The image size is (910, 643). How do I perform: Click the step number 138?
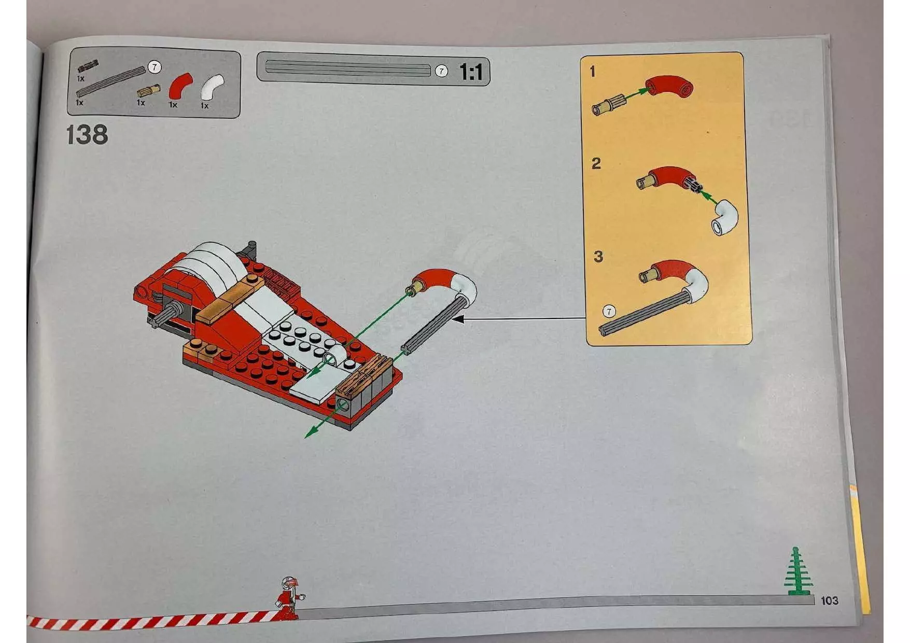tap(87, 135)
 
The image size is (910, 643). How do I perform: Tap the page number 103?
tap(829, 600)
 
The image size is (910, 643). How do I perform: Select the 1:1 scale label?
tap(471, 72)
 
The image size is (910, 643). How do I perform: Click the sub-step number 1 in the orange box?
tap(593, 72)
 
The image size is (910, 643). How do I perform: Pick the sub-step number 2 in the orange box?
tap(596, 164)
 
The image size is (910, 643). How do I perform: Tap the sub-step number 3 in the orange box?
tap(598, 256)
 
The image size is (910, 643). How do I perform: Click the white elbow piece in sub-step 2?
tap(725, 217)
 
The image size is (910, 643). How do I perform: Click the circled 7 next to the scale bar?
tap(441, 71)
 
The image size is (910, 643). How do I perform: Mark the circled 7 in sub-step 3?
tap(609, 311)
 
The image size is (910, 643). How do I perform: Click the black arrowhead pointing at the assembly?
tap(457, 319)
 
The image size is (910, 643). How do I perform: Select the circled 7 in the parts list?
tap(154, 67)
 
